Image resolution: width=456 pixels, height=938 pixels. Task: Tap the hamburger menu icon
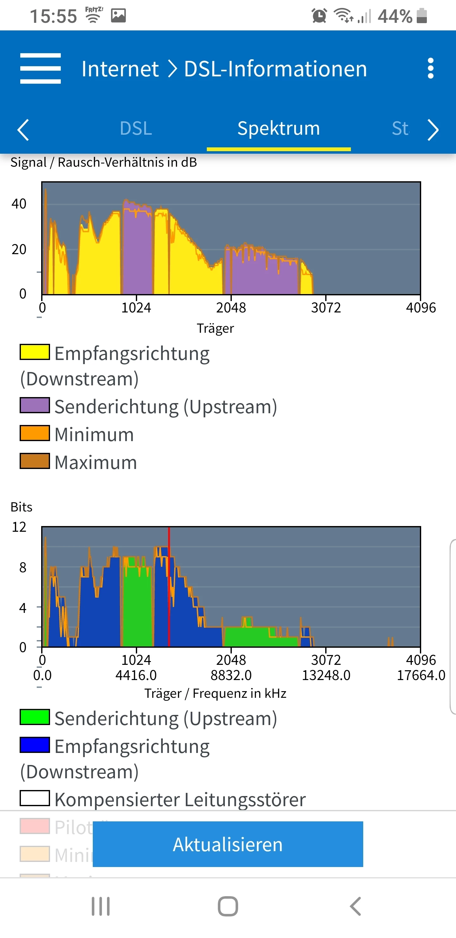coord(41,68)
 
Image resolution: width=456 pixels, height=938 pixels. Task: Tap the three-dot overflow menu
coord(431,68)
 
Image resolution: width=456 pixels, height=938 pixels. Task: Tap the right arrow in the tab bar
coord(433,130)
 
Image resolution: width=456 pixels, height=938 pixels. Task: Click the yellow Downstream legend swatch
coord(35,352)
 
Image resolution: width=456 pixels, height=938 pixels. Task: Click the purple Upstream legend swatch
coord(35,405)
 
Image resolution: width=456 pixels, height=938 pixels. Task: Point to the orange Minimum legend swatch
coord(35,433)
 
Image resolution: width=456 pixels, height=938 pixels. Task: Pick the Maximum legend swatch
coord(35,461)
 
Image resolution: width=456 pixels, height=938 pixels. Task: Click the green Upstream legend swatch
coord(35,717)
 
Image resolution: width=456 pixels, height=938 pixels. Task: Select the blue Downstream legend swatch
coord(35,745)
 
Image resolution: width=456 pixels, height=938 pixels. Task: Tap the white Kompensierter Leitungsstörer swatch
coord(35,798)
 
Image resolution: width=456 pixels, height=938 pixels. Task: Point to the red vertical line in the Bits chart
coord(169,586)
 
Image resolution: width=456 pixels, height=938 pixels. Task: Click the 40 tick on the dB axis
coord(19,204)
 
